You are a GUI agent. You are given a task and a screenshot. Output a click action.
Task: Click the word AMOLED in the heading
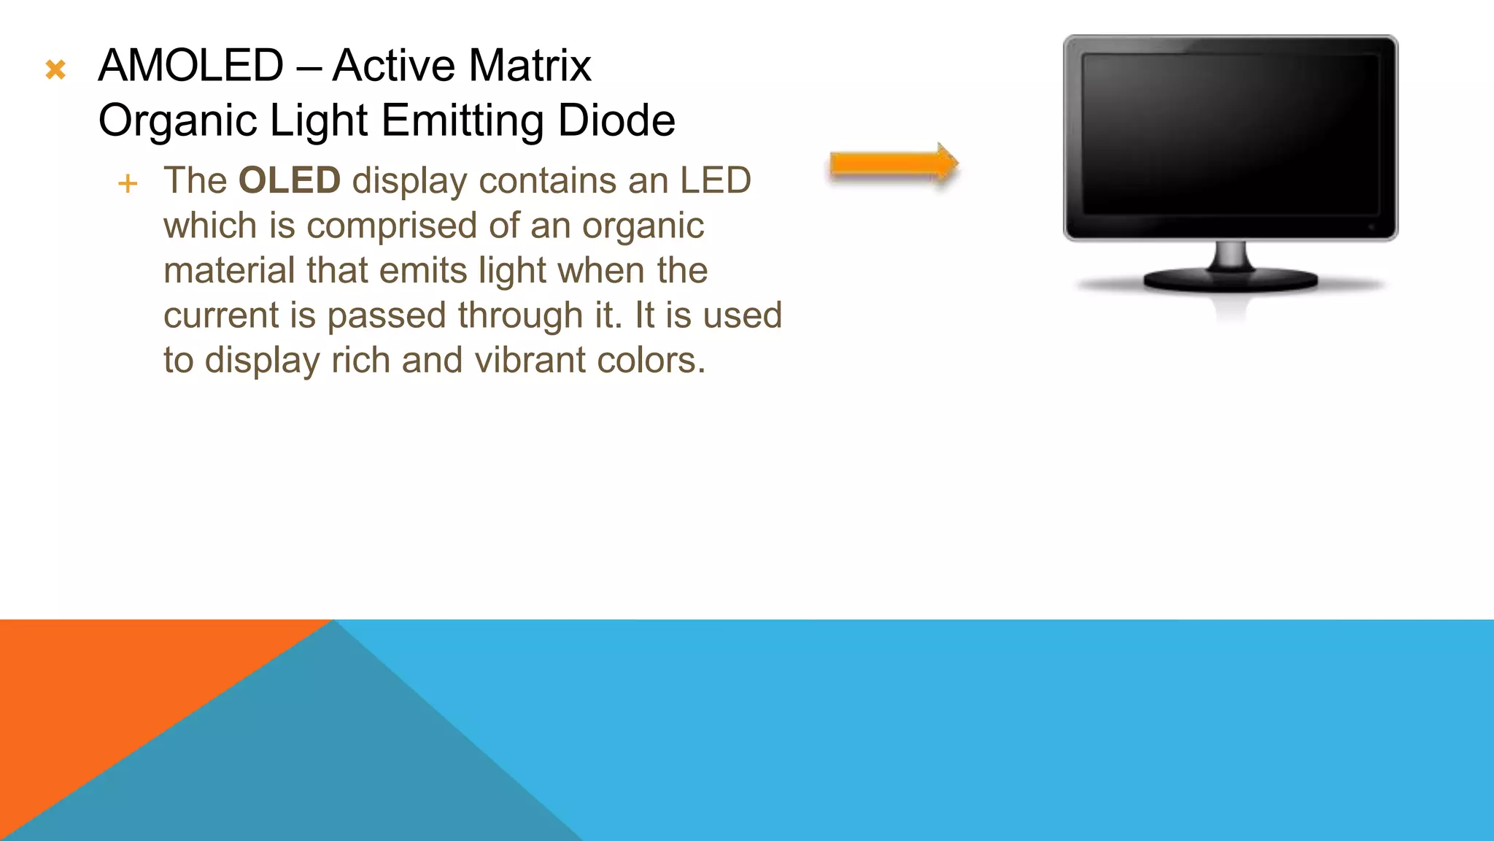[x=190, y=66]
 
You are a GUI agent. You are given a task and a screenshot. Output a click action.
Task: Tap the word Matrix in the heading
[x=530, y=66]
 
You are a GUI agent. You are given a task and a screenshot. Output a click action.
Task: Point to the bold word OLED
[x=290, y=180]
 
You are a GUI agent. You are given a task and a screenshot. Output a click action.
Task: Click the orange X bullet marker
[x=55, y=70]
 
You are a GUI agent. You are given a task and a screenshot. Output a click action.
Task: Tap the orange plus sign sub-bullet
[x=128, y=183]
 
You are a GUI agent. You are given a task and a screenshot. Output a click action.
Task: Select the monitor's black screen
[x=1230, y=135]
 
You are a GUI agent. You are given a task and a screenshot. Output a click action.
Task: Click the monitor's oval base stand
[x=1231, y=280]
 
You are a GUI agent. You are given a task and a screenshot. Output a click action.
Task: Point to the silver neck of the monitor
[x=1231, y=256]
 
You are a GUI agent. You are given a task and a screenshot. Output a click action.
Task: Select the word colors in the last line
[x=651, y=360]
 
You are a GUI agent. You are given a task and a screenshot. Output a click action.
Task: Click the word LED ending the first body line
[x=715, y=180]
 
